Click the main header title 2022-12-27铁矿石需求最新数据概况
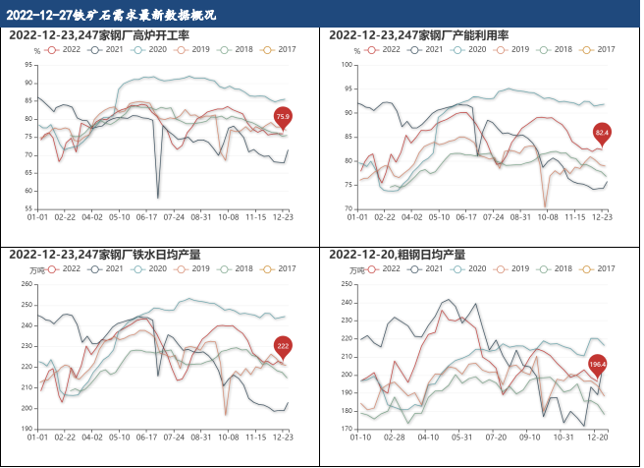(110, 15)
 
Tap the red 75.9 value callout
(283, 118)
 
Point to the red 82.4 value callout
(602, 132)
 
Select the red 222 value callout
(283, 346)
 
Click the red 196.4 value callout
(598, 365)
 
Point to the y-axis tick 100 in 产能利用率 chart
(347, 65)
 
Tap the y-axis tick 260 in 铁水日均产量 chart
(27, 284)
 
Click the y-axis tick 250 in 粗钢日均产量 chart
(347, 284)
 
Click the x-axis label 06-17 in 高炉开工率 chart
(147, 217)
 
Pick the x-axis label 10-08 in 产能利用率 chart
(546, 217)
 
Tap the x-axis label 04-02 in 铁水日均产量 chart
(92, 437)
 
